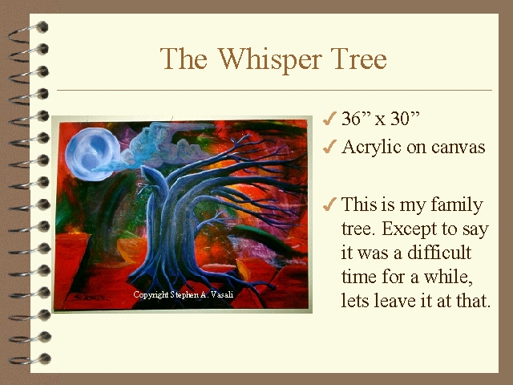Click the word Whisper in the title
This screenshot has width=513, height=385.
[270, 59]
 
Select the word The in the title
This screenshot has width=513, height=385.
[184, 59]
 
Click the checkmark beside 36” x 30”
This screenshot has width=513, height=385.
[329, 119]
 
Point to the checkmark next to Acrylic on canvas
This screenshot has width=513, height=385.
[329, 146]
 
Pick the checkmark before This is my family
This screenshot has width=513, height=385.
[329, 205]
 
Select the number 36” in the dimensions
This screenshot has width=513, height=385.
[356, 118]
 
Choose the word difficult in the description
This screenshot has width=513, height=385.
[439, 253]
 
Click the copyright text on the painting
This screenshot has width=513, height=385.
[184, 294]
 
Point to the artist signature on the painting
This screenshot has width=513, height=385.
[88, 298]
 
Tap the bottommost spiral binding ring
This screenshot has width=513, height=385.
[30, 359]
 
